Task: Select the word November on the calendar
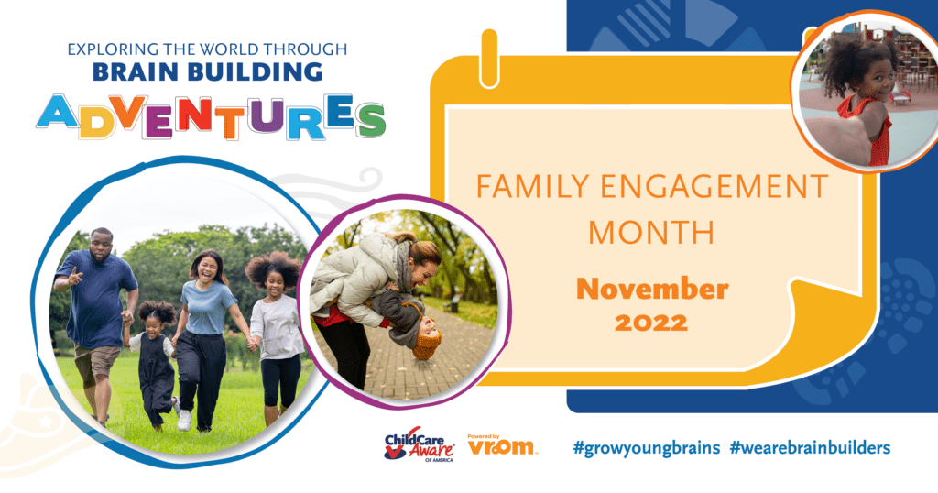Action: coord(652,289)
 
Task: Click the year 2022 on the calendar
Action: coord(651,323)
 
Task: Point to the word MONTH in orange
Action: coord(652,232)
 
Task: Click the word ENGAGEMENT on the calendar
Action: coord(714,186)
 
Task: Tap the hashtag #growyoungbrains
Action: coord(646,447)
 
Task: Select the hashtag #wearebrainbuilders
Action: coord(810,447)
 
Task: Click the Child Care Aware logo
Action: coord(420,444)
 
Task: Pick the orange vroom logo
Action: coord(501,445)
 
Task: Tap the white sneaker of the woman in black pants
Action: coord(184,420)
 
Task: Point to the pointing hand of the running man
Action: coord(74,277)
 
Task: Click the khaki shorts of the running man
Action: coord(97,363)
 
